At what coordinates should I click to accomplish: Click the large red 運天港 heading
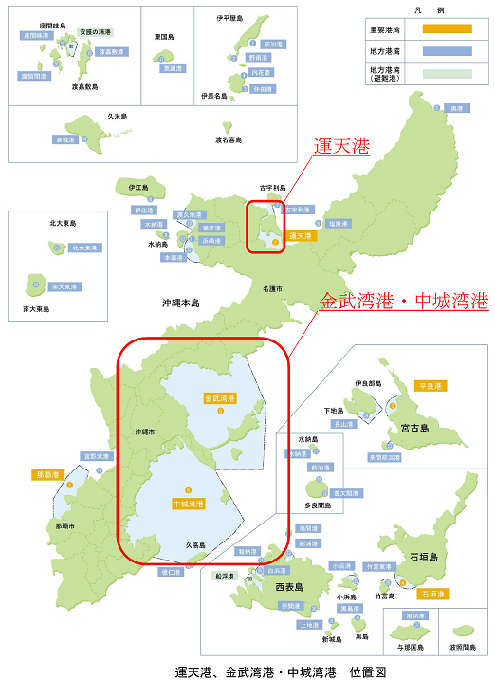tap(341, 147)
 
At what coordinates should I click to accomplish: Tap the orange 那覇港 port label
tap(46, 473)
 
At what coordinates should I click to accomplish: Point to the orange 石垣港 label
tap(432, 593)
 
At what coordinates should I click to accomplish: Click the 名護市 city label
tap(271, 286)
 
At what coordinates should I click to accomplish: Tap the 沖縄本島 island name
tap(180, 303)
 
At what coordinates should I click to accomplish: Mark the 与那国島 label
tap(413, 647)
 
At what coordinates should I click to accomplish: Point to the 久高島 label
tap(195, 545)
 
